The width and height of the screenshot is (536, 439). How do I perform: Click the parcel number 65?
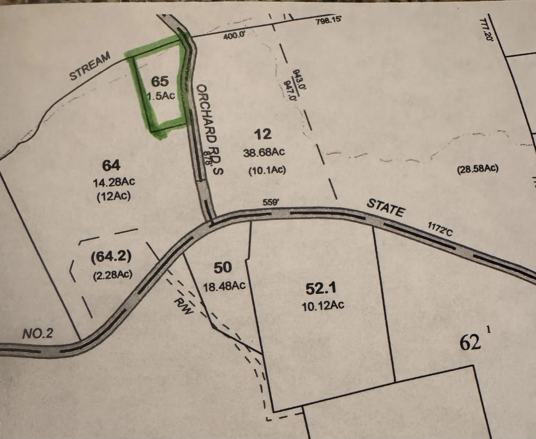[160, 81]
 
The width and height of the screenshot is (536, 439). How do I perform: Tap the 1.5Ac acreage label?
[161, 96]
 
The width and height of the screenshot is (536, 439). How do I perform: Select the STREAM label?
[90, 66]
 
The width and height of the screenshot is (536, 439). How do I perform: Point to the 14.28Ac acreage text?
[114, 182]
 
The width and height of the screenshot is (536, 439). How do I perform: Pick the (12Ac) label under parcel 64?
[114, 196]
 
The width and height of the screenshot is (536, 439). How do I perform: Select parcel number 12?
[263, 134]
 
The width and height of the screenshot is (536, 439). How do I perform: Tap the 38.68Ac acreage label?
[264, 152]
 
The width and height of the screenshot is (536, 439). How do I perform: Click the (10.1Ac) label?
[267, 170]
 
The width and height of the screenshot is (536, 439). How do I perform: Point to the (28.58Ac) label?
[478, 169]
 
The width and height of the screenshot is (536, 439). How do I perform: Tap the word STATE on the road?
[386, 208]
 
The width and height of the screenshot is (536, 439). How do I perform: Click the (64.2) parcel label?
[111, 257]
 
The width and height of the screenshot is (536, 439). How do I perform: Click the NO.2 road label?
[38, 334]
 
